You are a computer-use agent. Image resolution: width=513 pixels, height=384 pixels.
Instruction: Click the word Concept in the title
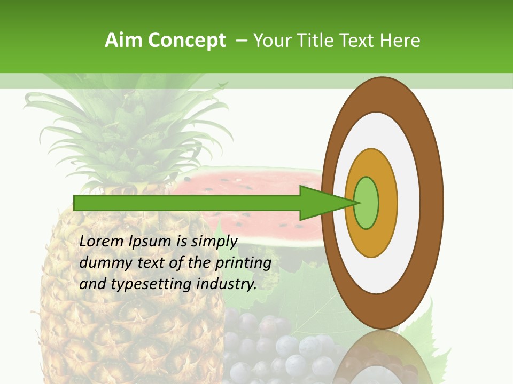click(187, 41)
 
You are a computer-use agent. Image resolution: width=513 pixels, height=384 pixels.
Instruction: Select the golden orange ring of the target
click(388, 203)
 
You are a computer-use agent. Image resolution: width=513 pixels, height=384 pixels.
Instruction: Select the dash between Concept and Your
click(241, 41)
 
